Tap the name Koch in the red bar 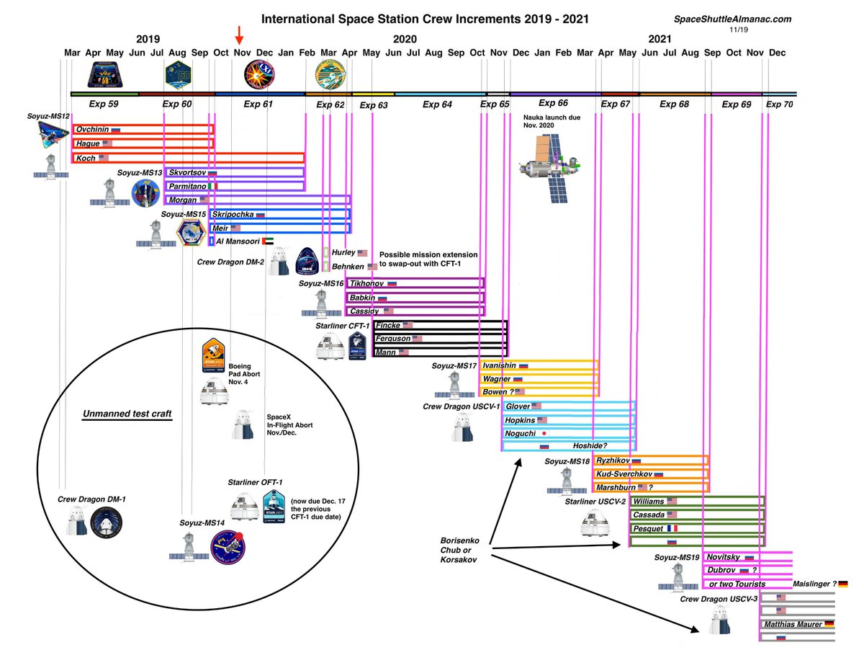(x=86, y=158)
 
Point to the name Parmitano (x=186, y=186)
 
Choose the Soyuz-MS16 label (x=320, y=284)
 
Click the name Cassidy (x=364, y=311)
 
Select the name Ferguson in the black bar (x=394, y=339)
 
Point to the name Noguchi (x=522, y=433)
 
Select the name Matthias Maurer (x=793, y=624)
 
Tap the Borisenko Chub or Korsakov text (x=464, y=550)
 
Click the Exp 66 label (x=553, y=103)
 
